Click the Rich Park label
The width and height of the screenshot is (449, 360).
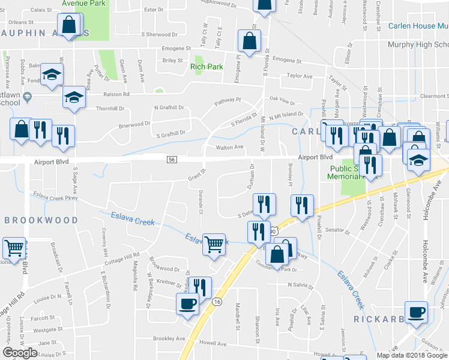click(206, 67)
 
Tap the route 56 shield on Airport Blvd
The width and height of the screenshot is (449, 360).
click(172, 159)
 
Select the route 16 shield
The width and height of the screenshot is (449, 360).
click(217, 302)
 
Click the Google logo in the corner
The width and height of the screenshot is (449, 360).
click(20, 353)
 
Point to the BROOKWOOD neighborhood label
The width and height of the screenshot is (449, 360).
click(41, 220)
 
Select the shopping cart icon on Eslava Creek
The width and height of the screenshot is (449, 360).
click(213, 245)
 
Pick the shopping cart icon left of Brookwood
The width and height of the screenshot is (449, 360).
click(14, 247)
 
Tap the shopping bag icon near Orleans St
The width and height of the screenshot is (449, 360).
click(69, 25)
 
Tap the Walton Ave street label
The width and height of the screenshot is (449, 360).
click(229, 147)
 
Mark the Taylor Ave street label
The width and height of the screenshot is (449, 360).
click(300, 76)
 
